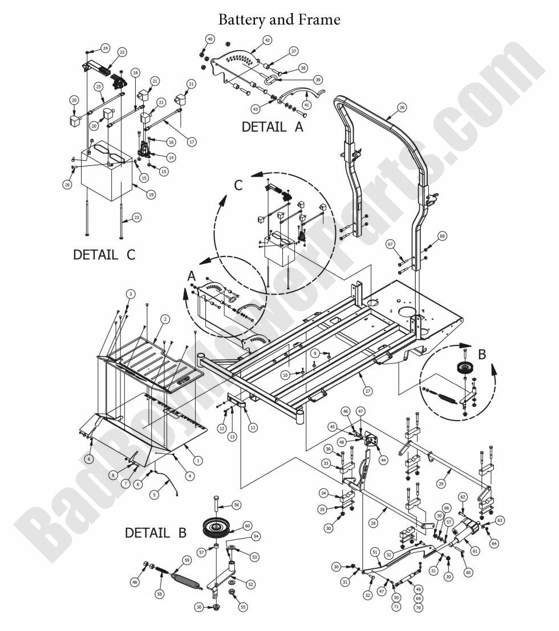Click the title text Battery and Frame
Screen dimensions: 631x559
[x=279, y=20]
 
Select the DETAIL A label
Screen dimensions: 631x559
[x=273, y=127]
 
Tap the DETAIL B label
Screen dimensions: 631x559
[x=156, y=534]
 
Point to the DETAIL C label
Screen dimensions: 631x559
[x=104, y=254]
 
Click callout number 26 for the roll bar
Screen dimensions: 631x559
[x=402, y=107]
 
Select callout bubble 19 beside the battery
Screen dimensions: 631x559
[x=151, y=194]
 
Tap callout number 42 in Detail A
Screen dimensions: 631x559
[x=268, y=40]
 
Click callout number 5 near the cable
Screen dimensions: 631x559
[x=153, y=495]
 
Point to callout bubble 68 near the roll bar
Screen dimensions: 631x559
[x=442, y=235]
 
